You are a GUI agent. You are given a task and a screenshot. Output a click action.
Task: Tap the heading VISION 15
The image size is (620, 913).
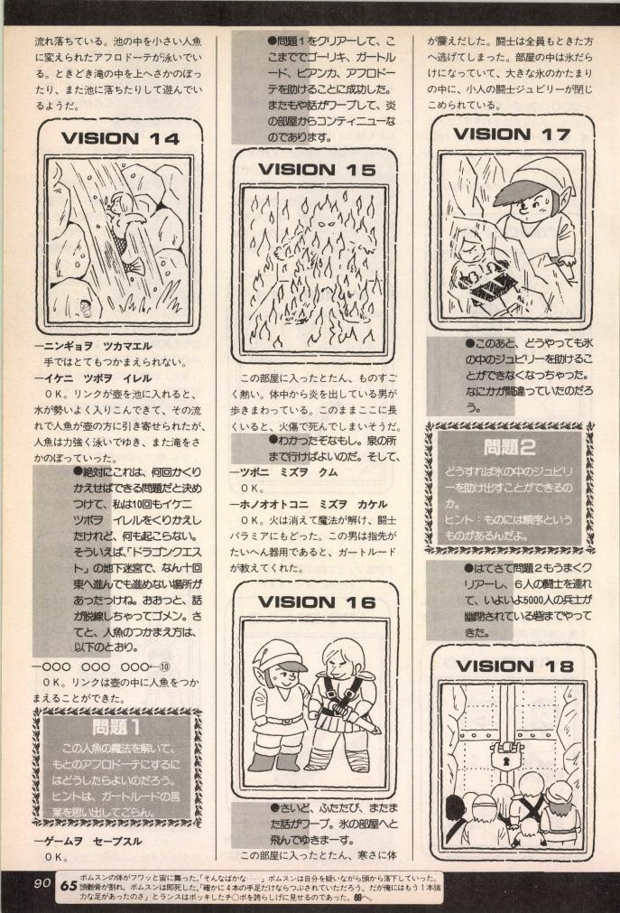309,169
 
